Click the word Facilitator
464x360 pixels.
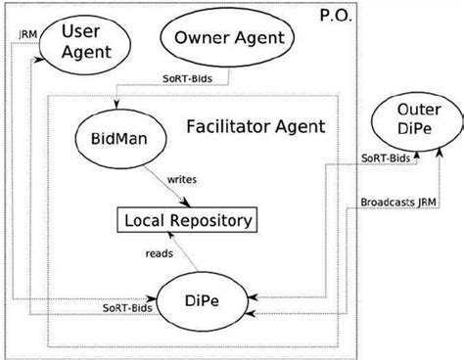229,125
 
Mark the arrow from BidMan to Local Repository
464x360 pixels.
162,186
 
